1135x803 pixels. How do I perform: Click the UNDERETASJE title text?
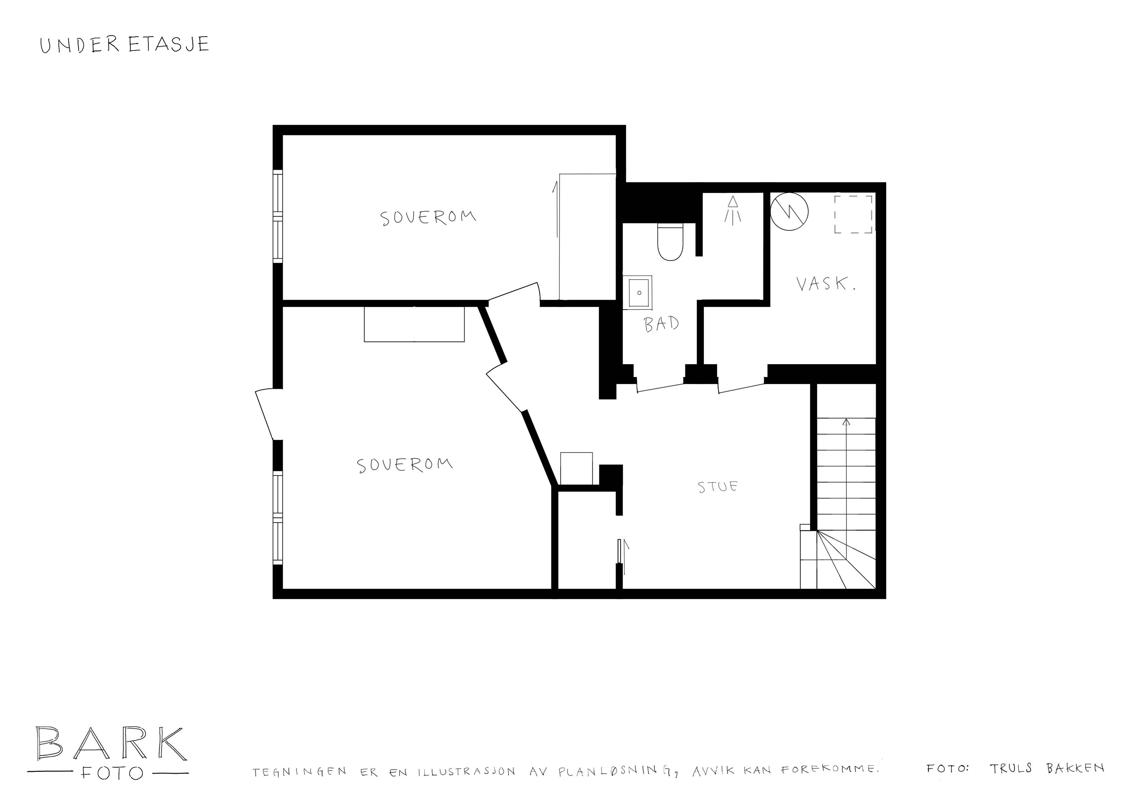pos(125,44)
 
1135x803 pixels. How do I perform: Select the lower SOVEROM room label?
pos(405,465)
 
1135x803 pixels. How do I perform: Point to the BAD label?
pos(661,324)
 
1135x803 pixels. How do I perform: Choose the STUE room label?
pos(717,487)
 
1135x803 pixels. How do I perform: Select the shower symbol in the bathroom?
pos(733,210)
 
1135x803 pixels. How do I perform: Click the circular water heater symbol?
pos(789,211)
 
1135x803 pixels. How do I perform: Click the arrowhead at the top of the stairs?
pos(846,422)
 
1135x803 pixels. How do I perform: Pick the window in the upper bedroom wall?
pos(278,217)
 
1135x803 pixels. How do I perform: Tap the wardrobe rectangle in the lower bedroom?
pos(414,324)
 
